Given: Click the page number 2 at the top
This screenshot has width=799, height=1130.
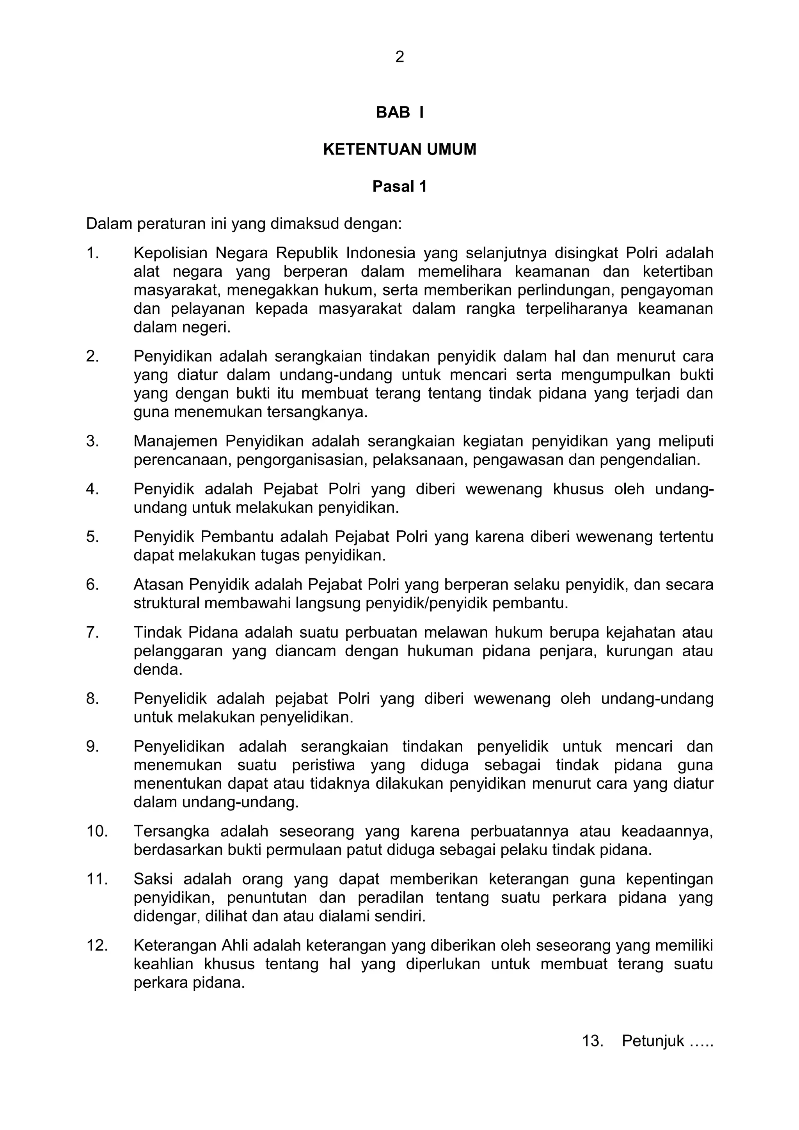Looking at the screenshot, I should tap(399, 57).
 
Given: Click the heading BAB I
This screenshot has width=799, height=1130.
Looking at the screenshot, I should tap(399, 113).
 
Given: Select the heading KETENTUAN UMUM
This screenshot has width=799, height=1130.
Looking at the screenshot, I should tap(399, 149).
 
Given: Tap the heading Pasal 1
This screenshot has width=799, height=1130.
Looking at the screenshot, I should tap(399, 187).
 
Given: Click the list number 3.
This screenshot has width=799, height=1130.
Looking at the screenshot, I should tap(92, 441).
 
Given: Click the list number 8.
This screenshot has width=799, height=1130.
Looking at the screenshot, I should tap(92, 699).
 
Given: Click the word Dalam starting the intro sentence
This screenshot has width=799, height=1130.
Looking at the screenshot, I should tap(109, 224).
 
